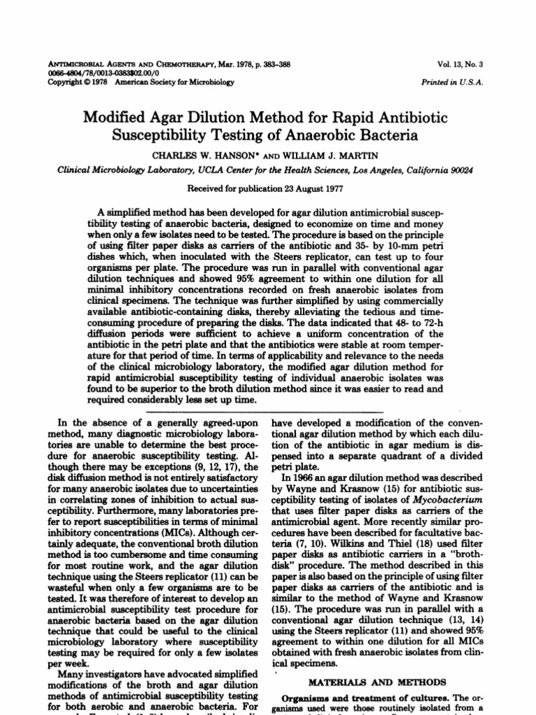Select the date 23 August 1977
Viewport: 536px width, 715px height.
[301, 189]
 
